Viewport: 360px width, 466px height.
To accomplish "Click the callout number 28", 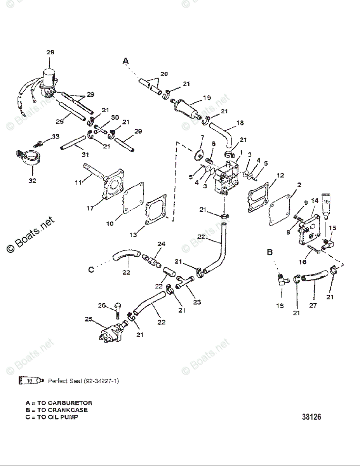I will (50, 52).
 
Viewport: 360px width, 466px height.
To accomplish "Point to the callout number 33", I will (56, 136).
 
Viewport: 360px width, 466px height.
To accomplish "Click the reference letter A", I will (125, 61).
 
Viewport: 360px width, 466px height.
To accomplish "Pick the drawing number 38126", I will (311, 417).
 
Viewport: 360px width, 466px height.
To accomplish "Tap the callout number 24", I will (161, 244).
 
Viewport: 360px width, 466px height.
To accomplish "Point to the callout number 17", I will (90, 208).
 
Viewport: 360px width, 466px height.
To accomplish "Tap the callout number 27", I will (313, 305).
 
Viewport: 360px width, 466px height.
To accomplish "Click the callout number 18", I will (240, 123).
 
